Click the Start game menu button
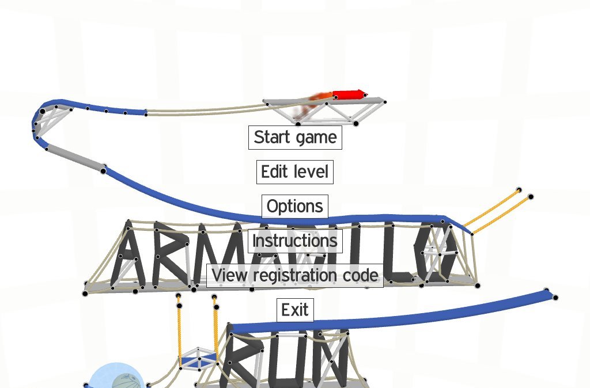click(295, 138)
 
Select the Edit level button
click(294, 172)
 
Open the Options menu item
click(294, 206)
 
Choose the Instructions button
click(294, 240)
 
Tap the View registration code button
click(294, 275)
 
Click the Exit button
click(294, 310)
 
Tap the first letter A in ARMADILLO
click(127, 257)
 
